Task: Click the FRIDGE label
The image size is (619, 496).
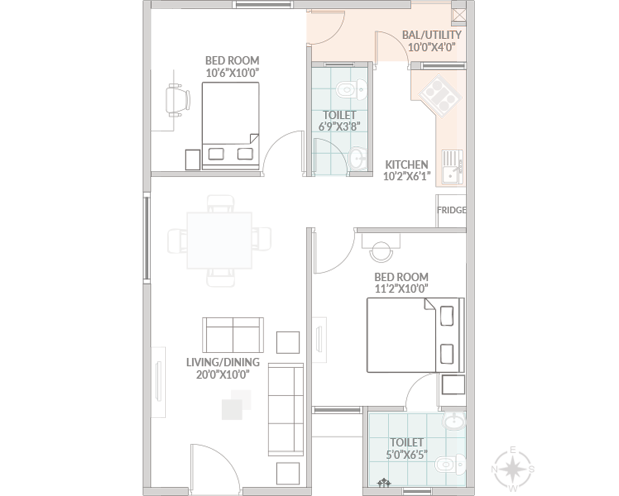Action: tap(451, 210)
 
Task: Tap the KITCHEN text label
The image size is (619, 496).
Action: tap(406, 165)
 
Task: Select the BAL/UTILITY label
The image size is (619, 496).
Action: tap(431, 35)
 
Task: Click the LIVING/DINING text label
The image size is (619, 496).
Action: tap(223, 362)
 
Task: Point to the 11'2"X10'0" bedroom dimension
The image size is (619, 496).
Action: tap(401, 288)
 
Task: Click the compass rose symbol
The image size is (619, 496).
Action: tap(513, 469)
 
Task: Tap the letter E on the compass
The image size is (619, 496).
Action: tap(513, 450)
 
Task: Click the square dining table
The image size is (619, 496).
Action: tap(219, 241)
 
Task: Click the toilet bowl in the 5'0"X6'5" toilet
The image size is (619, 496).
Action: tap(450, 465)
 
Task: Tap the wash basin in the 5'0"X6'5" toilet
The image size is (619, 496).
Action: tap(454, 421)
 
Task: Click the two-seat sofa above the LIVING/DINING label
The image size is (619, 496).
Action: tap(233, 335)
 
